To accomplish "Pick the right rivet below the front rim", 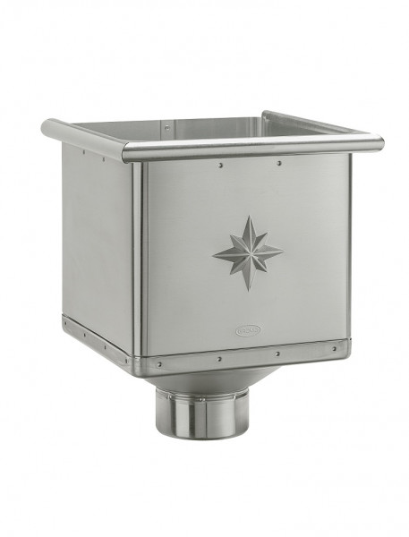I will [279, 164].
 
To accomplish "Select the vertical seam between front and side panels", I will [139, 260].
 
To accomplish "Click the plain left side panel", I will [97, 237].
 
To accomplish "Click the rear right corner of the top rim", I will [266, 115].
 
